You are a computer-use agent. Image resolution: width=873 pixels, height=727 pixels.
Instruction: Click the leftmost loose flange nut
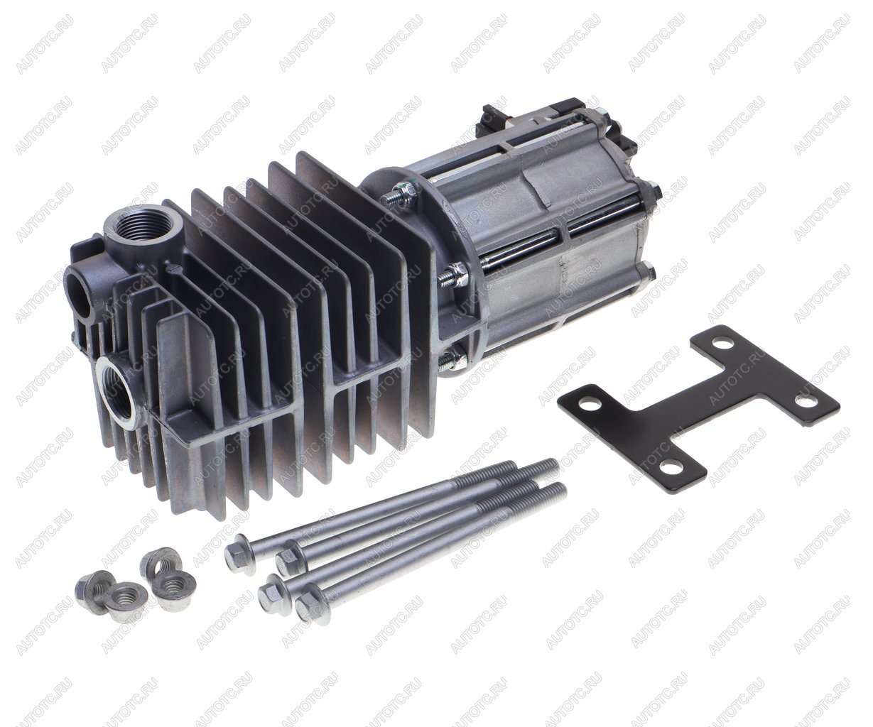(91, 591)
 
